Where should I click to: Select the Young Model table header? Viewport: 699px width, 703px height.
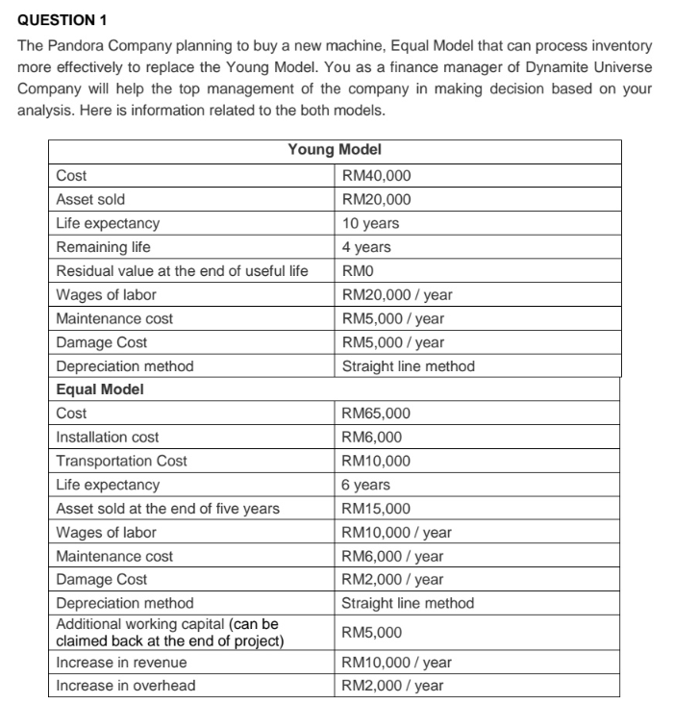coord(334,150)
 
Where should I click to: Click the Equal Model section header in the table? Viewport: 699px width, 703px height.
coord(99,389)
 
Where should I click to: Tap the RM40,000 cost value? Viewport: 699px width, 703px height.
coord(377,175)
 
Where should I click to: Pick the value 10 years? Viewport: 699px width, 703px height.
coord(370,223)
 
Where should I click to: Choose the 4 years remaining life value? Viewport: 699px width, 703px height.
coord(366,247)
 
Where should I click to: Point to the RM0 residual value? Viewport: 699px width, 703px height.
coord(358,271)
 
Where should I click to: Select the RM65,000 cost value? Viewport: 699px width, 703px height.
coord(377,414)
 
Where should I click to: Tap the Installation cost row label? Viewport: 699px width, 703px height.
coord(108,438)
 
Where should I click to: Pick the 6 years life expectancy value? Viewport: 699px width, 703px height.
coord(366,485)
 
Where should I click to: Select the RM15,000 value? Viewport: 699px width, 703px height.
coord(377,509)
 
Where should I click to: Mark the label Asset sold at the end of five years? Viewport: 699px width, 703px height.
coord(167,509)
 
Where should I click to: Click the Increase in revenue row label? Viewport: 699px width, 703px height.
coord(121,663)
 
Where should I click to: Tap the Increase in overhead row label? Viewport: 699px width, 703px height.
coord(125,686)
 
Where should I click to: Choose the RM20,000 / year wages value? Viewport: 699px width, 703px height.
coord(397,294)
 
